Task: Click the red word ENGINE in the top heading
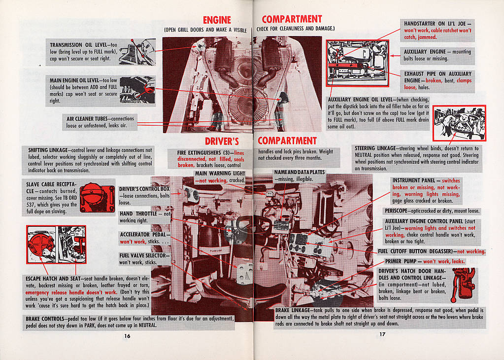(217, 20)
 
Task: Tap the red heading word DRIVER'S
(222, 141)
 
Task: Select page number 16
(127, 336)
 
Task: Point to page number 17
(382, 334)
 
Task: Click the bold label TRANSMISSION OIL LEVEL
(80, 45)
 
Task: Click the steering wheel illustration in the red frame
(459, 123)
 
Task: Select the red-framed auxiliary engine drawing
(357, 64)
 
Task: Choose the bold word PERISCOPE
(395, 211)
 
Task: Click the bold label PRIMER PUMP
(401, 261)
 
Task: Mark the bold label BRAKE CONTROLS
(45, 319)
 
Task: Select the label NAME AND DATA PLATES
(300, 172)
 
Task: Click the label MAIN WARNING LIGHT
(220, 174)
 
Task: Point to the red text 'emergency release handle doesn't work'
(71, 292)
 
